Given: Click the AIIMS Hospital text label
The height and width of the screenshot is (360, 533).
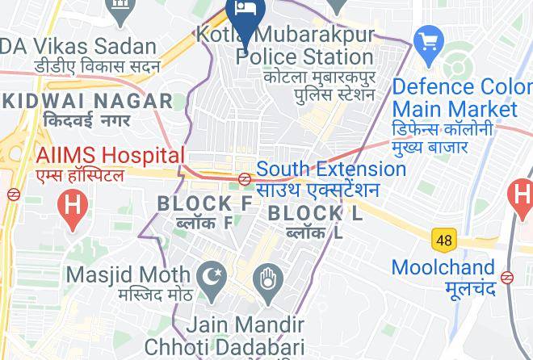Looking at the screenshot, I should (110, 155).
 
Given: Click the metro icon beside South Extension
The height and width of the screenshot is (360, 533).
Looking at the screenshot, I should (245, 178).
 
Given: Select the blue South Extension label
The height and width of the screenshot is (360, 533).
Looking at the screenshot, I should (331, 170).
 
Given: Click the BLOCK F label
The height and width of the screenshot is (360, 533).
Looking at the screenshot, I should (205, 203).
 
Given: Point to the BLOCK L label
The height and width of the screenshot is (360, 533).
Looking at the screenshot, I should (315, 214).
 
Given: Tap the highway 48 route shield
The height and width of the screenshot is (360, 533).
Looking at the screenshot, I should (443, 240).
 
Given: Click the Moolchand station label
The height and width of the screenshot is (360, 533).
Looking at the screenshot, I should (443, 267).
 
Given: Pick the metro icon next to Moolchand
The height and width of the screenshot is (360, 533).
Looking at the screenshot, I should (506, 277).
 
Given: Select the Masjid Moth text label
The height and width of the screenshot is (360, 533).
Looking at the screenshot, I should (128, 275).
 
